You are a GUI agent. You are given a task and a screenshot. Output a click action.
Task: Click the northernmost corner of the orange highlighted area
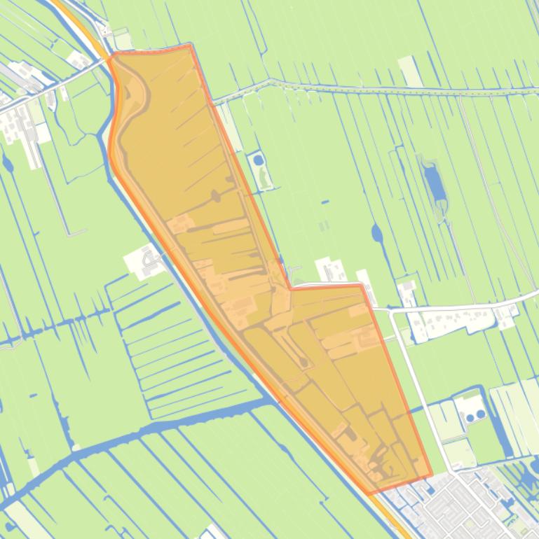click(x=191, y=47)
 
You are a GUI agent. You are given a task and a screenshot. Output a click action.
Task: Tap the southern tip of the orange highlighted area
click(x=369, y=493)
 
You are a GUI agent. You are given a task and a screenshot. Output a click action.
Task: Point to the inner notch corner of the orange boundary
click(x=290, y=287)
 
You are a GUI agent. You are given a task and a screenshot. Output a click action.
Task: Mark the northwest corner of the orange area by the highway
click(x=111, y=55)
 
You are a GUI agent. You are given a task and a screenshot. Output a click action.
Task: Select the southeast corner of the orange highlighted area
click(x=430, y=476)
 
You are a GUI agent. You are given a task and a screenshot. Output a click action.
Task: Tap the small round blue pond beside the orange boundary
click(x=259, y=160)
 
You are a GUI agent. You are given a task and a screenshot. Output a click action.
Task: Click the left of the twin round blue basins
click(x=470, y=417)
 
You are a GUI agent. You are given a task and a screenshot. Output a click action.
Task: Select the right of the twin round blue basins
click(x=481, y=414)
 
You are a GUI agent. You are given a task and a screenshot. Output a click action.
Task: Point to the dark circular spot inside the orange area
click(x=303, y=362)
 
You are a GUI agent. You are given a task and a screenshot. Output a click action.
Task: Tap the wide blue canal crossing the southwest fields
click(x=140, y=434)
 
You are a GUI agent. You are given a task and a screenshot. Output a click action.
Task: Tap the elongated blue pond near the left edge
click(x=8, y=165)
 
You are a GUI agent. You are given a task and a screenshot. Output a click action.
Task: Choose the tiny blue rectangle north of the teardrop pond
click(x=326, y=202)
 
